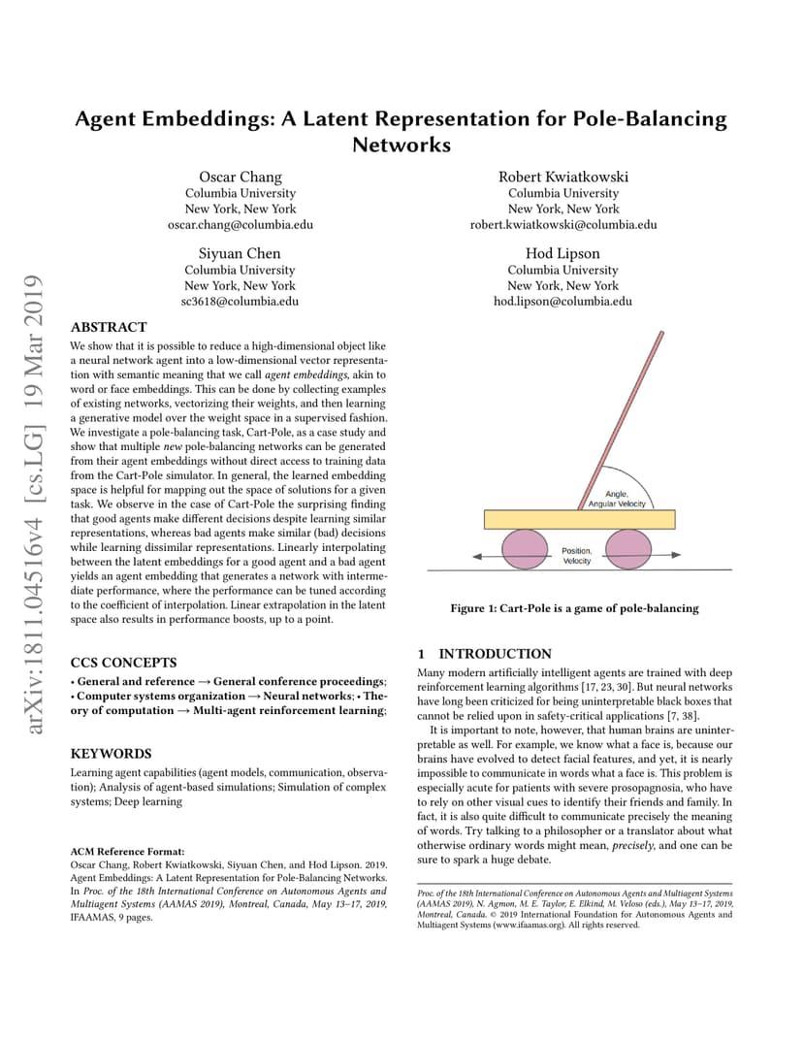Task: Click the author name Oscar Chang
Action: pyautogui.click(x=241, y=177)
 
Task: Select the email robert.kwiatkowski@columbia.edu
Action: pyautogui.click(x=563, y=224)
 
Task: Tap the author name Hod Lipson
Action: pyautogui.click(x=562, y=253)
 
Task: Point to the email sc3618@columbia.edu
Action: pyautogui.click(x=241, y=301)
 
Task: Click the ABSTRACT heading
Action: pyautogui.click(x=109, y=327)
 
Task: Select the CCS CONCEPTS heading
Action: pyautogui.click(x=124, y=663)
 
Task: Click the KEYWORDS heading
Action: pyautogui.click(x=112, y=753)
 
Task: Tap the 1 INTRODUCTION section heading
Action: pyautogui.click(x=484, y=654)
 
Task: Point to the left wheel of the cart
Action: pyautogui.click(x=524, y=549)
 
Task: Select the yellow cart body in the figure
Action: pyautogui.click(x=578, y=519)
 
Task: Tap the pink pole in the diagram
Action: pyautogui.click(x=630, y=408)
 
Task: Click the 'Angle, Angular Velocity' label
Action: pyautogui.click(x=617, y=500)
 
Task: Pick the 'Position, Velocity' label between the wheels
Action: pyautogui.click(x=577, y=556)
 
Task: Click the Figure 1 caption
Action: pyautogui.click(x=574, y=608)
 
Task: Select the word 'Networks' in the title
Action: pyautogui.click(x=401, y=146)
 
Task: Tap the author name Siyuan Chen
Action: pyautogui.click(x=241, y=253)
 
